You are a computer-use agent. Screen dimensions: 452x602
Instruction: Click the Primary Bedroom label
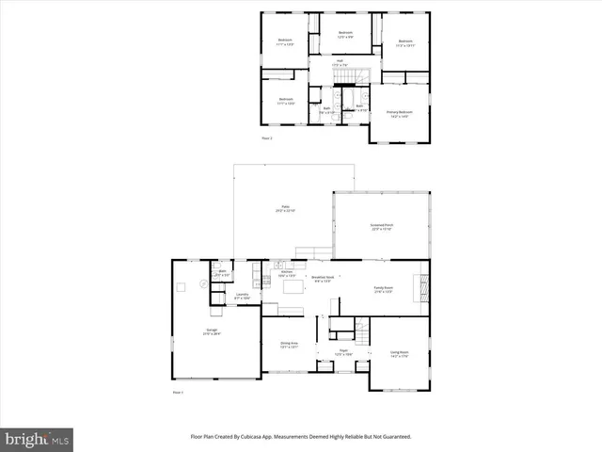tap(400, 113)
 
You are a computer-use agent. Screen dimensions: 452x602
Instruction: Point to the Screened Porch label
tap(381, 227)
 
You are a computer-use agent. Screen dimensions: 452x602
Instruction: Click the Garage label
tap(212, 331)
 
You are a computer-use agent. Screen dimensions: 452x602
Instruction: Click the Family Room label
tap(383, 289)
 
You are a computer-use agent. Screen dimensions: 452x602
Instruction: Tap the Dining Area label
tap(290, 345)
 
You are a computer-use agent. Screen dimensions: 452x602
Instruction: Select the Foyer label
tap(344, 352)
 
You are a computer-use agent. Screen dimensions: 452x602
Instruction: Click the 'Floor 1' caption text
tap(178, 393)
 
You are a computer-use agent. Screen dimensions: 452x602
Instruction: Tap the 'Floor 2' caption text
tap(267, 138)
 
